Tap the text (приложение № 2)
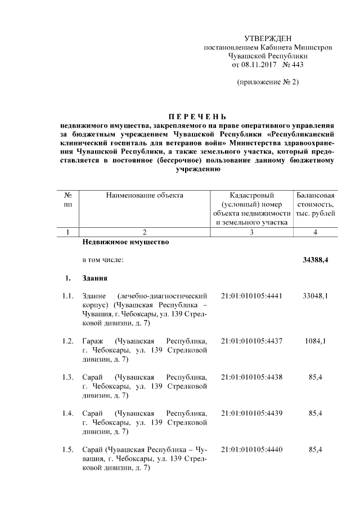(x=268, y=83)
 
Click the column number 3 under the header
(x=251, y=232)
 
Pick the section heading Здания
(x=96, y=278)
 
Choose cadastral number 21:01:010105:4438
(x=251, y=377)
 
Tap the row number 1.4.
(x=68, y=413)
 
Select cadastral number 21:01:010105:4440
(x=251, y=449)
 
